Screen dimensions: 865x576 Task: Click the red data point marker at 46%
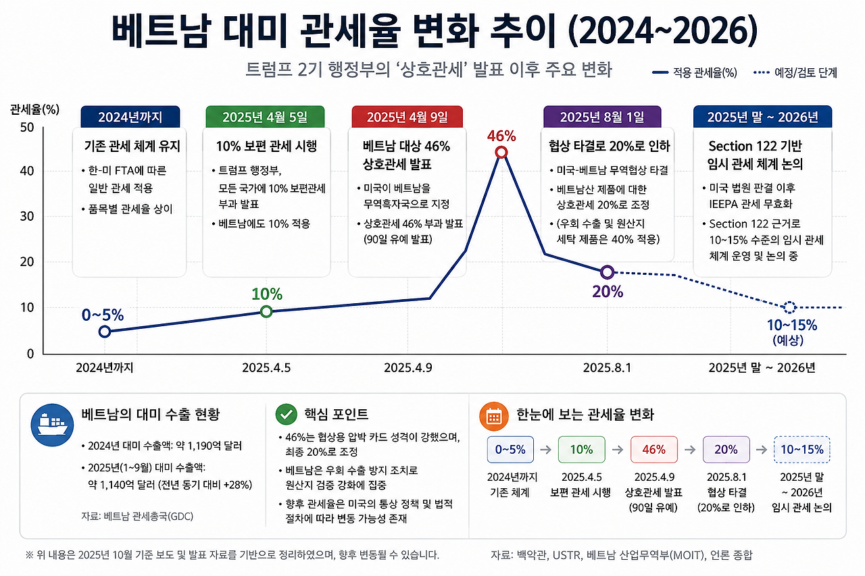[501, 153]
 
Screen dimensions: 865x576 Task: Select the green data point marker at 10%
[266, 311]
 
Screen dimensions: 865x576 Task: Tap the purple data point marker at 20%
[607, 272]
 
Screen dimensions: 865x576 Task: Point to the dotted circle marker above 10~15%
[790, 307]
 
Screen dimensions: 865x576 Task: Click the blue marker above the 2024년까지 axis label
[105, 332]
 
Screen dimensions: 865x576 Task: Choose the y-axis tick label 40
[27, 171]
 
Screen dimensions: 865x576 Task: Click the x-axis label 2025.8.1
[607, 367]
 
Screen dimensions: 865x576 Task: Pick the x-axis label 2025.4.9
[407, 367]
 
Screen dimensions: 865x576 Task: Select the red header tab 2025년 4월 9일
[407, 117]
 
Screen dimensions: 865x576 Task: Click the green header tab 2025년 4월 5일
[265, 117]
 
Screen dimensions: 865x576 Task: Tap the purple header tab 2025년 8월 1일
[602, 117]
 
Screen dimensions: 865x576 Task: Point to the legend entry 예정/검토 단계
[795, 72]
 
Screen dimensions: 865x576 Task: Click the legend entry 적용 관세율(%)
[695, 72]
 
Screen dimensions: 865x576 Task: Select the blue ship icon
[52, 425]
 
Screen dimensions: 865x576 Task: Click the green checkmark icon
[286, 415]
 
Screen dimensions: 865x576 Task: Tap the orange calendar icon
[493, 416]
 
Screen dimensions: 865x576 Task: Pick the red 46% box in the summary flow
[653, 450]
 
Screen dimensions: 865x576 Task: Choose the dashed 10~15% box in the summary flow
[802, 450]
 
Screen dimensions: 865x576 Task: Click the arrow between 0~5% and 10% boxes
[545, 450]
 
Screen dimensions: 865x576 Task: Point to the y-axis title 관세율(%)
[34, 109]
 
